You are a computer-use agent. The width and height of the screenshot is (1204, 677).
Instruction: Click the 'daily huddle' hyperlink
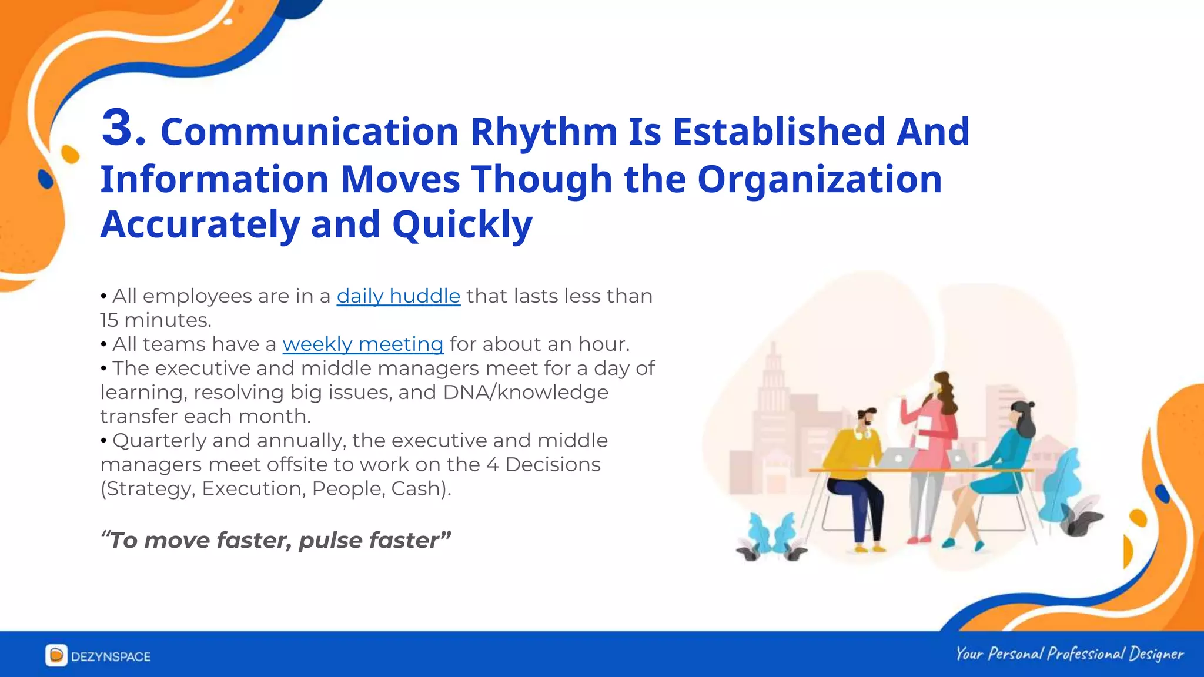click(x=398, y=296)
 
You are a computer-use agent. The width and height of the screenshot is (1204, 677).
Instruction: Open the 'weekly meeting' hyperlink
click(x=363, y=344)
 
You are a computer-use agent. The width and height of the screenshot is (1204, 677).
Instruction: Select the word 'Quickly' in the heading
click(x=462, y=225)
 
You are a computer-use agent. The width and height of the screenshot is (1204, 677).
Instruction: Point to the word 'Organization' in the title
click(x=819, y=179)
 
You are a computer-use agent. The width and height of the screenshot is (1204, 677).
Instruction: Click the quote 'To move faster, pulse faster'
click(x=276, y=540)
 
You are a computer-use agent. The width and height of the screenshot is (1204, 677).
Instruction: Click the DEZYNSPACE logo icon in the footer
click(x=56, y=655)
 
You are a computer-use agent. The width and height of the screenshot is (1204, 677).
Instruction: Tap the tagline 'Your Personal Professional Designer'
click(x=1069, y=654)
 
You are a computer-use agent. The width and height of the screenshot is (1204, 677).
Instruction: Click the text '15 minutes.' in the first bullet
click(x=155, y=320)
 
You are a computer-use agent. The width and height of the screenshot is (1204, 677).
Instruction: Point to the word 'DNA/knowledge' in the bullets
click(x=526, y=393)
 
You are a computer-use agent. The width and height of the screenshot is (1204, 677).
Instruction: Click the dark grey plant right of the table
click(x=1082, y=520)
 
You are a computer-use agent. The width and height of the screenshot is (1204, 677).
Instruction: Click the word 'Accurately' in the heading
click(x=200, y=225)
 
